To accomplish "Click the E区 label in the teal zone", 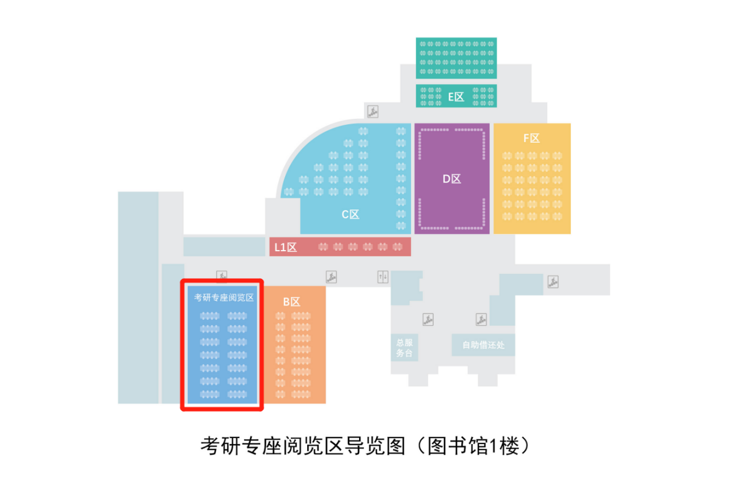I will tap(456, 97).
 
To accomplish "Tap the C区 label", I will tap(350, 215).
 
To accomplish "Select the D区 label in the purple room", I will tap(452, 178).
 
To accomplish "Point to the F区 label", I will tap(532, 138).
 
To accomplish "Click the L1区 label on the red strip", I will tap(286, 247).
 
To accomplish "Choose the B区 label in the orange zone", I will tap(292, 302).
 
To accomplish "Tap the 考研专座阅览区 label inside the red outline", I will tap(224, 297).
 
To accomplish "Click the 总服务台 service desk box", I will tap(404, 347).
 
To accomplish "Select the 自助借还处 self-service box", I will tap(483, 345).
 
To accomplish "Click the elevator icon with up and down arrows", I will tap(383, 276).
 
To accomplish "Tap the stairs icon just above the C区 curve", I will tap(373, 111).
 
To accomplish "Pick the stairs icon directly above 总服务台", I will tap(428, 319).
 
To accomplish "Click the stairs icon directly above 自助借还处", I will tap(481, 319).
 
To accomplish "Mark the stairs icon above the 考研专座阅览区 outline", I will tap(222, 276).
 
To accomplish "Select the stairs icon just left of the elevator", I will tap(331, 276).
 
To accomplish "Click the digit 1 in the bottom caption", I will tap(493, 446).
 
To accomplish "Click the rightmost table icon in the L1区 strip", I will tap(397, 246).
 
